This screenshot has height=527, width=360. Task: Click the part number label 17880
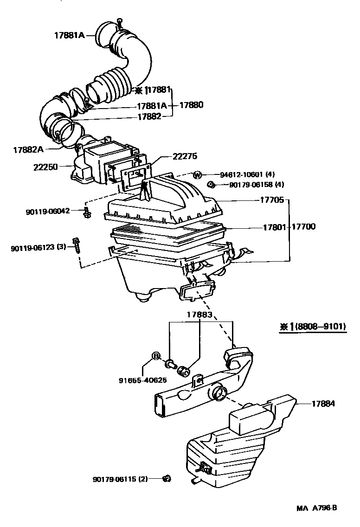coord(190,105)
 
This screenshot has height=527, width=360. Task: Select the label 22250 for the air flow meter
coord(45,166)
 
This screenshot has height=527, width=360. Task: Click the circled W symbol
coord(198,175)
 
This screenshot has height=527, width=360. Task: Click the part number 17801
coord(274,227)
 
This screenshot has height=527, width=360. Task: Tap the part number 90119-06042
coord(48,211)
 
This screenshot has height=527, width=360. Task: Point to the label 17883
coord(199,315)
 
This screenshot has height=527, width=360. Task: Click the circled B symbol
coord(156,356)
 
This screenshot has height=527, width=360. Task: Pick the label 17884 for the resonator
coord(323,404)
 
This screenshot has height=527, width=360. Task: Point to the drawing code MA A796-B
coord(317,508)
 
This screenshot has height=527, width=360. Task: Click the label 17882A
coord(28,149)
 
